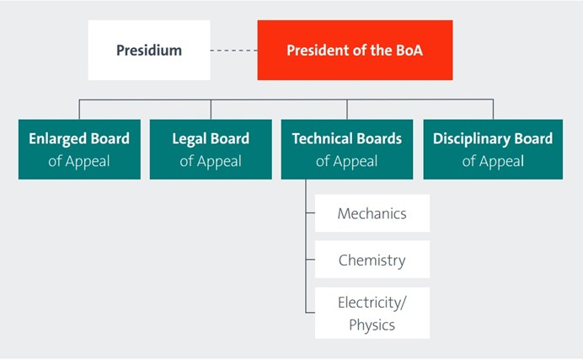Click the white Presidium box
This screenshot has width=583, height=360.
pyautogui.click(x=149, y=51)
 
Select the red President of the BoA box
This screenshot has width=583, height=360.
pyautogui.click(x=355, y=51)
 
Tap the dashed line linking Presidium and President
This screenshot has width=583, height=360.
pyautogui.click(x=234, y=51)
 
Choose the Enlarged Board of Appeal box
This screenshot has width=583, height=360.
pyautogui.click(x=79, y=149)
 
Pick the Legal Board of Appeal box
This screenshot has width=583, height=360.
pyautogui.click(x=211, y=149)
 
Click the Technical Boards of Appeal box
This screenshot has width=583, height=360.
pyautogui.click(x=347, y=149)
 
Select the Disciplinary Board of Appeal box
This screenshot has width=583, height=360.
pyautogui.click(x=493, y=149)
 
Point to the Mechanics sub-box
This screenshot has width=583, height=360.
pyautogui.click(x=372, y=213)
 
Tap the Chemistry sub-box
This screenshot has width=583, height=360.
pyautogui.click(x=372, y=259)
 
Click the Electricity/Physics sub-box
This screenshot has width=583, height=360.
pyautogui.click(x=372, y=313)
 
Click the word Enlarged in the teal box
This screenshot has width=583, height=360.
pyautogui.click(x=58, y=139)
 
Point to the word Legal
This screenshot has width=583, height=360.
pyautogui.click(x=189, y=139)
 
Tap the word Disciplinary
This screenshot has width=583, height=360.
pyautogui.click(x=472, y=139)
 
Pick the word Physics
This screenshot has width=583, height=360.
pyautogui.click(x=372, y=325)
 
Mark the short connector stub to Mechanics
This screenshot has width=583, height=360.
pyautogui.click(x=311, y=213)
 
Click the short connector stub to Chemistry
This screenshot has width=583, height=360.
pyautogui.click(x=311, y=259)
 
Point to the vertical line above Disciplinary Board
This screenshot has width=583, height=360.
pyautogui.click(x=494, y=110)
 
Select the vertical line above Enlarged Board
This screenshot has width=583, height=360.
pyautogui.click(x=79, y=110)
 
